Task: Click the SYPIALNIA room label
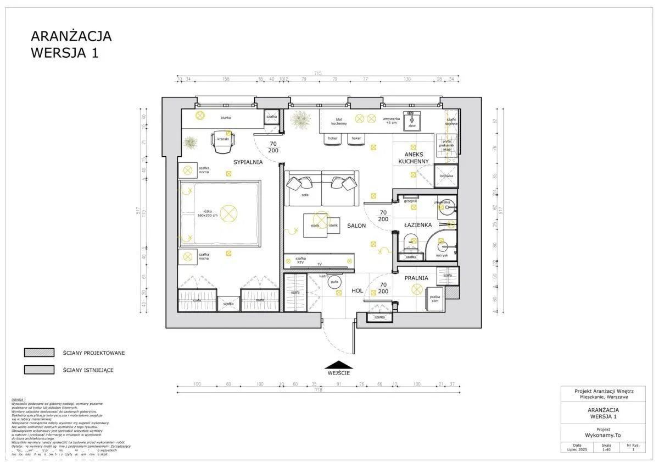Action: [x=248, y=162]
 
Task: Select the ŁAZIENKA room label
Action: [x=417, y=225]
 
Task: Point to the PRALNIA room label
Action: [x=416, y=278]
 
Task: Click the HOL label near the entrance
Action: [x=357, y=292]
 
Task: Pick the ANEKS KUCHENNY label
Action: [x=417, y=158]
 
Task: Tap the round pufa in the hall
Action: [x=334, y=282]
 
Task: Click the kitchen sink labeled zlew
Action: [x=412, y=120]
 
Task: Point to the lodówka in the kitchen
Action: [x=446, y=176]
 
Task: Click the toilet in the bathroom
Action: [x=410, y=241]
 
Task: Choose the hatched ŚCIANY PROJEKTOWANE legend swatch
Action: [x=39, y=353]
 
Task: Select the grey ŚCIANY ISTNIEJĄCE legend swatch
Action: [x=39, y=370]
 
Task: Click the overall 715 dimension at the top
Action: [x=317, y=73]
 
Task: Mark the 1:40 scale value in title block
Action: [x=606, y=449]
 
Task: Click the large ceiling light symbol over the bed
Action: [x=227, y=212]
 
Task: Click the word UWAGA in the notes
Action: [x=19, y=399]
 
